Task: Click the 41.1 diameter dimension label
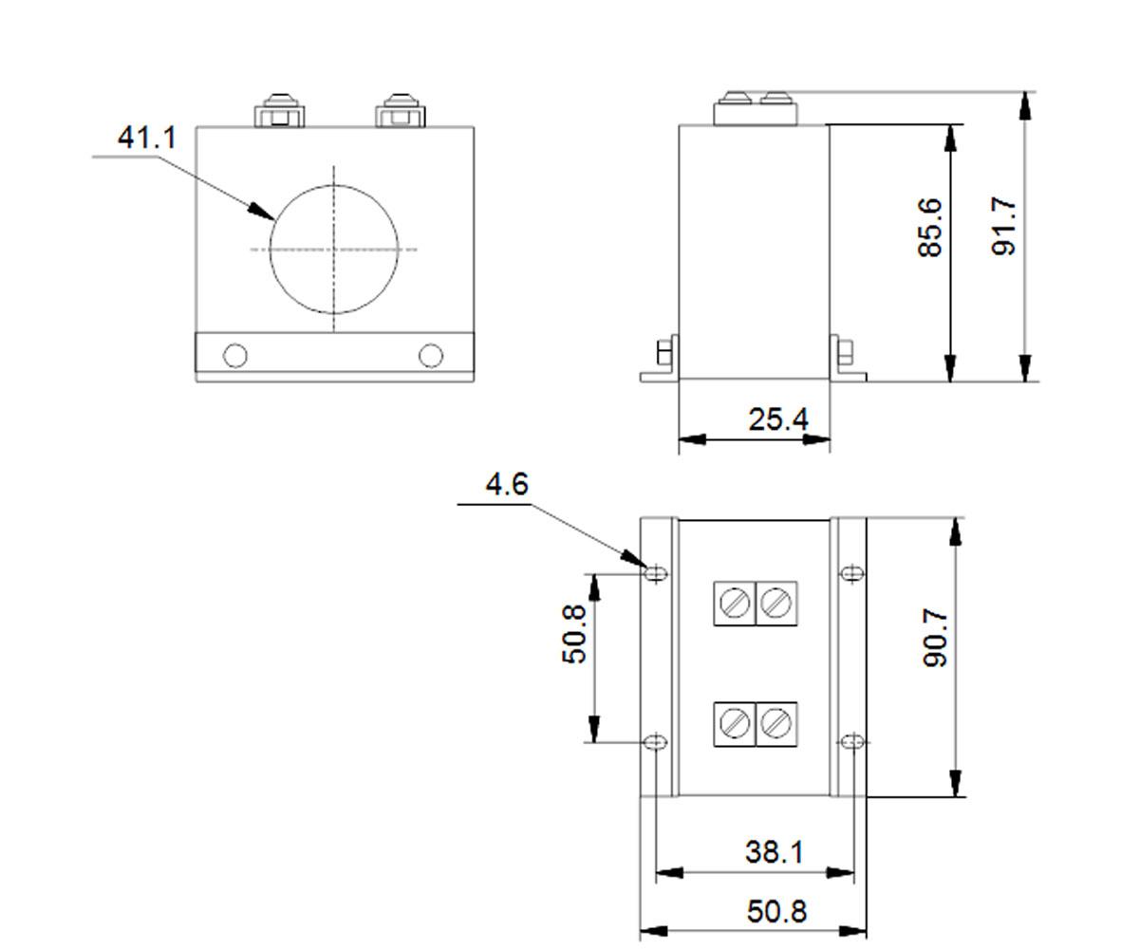coord(147,138)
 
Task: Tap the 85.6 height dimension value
coord(929,227)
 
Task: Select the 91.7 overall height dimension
coord(1003,226)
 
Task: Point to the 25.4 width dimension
coord(778,419)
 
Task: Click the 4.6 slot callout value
coord(507,484)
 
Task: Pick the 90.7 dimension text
coord(935,638)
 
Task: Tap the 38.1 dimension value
coord(775,852)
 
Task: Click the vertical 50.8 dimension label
coord(573,634)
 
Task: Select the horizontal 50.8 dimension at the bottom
coord(776,911)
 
